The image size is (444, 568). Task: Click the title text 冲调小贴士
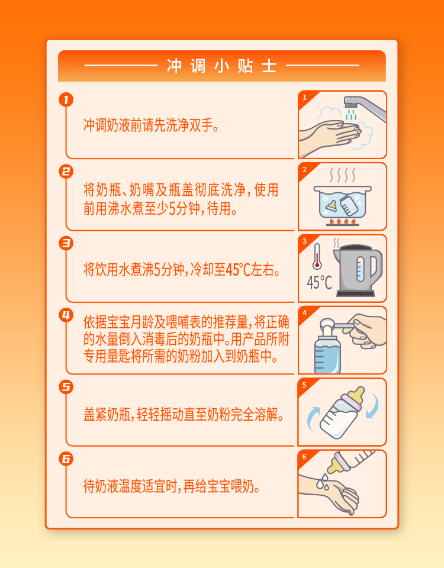click(x=222, y=66)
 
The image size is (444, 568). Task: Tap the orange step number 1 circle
click(x=66, y=99)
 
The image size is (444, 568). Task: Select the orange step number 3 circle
click(x=66, y=243)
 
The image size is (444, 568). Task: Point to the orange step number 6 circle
click(x=66, y=459)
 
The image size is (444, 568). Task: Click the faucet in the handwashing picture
click(x=364, y=107)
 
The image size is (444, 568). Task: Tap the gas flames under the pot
click(x=343, y=221)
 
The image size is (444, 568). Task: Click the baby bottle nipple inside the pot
click(x=332, y=206)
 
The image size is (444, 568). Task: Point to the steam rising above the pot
click(x=343, y=175)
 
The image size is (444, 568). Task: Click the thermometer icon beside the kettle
click(x=317, y=256)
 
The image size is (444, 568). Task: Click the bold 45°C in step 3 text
click(x=238, y=270)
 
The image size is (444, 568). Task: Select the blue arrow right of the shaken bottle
click(x=373, y=406)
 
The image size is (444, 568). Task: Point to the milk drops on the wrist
click(x=323, y=482)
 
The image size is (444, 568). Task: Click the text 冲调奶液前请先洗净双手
click(x=151, y=125)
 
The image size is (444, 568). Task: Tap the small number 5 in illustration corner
click(x=304, y=385)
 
